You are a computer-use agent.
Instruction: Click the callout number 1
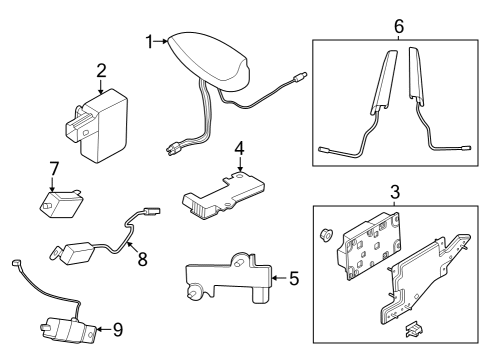[150, 42]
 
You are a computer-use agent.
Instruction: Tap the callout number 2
[101, 70]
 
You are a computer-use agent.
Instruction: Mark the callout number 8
[142, 259]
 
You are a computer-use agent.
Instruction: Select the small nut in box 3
[325, 235]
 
